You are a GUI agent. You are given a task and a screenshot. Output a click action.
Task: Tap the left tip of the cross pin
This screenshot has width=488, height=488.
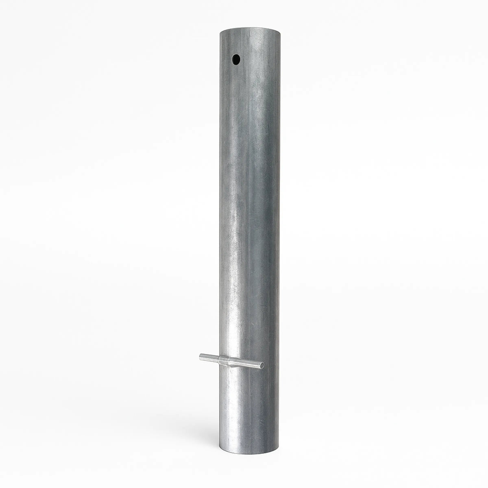(x=200, y=358)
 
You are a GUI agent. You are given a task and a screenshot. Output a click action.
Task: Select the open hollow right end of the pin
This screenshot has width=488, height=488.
(x=262, y=365)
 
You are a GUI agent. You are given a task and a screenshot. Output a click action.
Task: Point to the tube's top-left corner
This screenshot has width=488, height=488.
(x=220, y=33)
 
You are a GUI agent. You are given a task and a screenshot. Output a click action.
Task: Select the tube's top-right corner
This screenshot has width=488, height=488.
(x=280, y=33)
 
